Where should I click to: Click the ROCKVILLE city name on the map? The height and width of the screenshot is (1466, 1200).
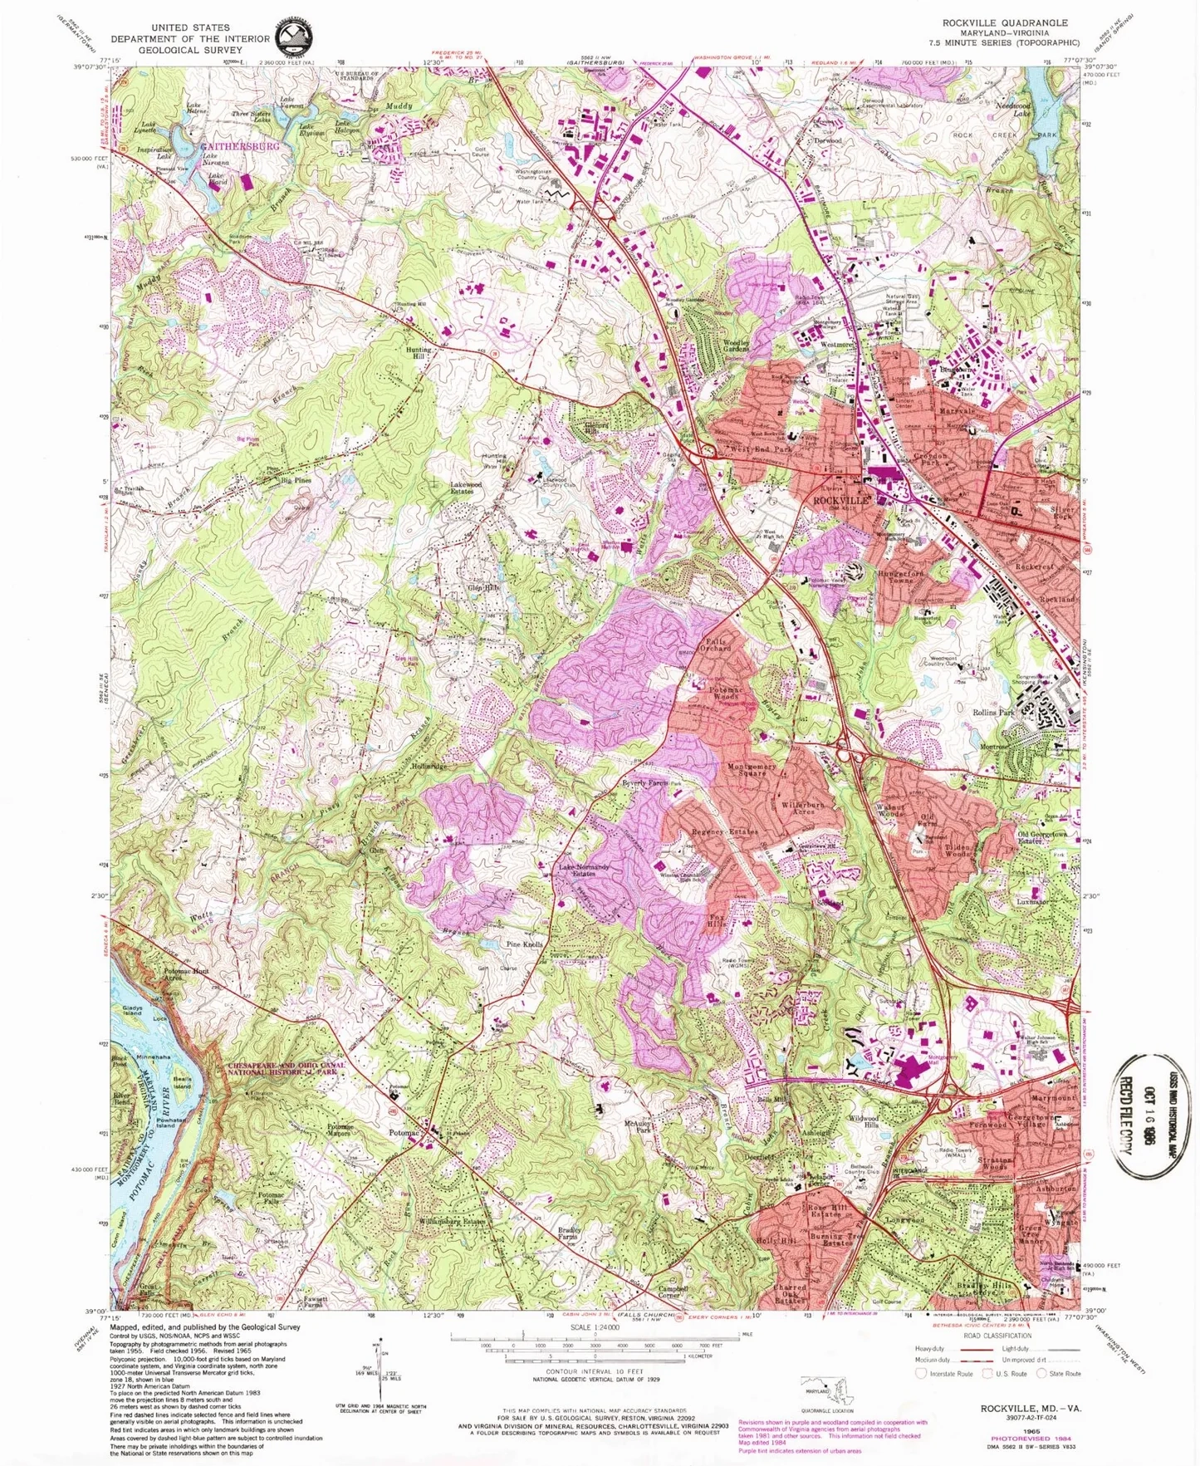(841, 501)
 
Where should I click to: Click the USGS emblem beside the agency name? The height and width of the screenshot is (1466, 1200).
(294, 36)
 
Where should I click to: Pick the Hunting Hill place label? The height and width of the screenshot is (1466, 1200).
(419, 353)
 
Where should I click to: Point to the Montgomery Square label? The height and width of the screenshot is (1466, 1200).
(752, 770)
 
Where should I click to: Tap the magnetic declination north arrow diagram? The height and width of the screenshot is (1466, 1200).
(378, 1370)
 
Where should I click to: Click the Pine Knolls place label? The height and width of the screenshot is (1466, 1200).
(525, 944)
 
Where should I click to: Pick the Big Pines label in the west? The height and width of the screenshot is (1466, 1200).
(296, 480)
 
